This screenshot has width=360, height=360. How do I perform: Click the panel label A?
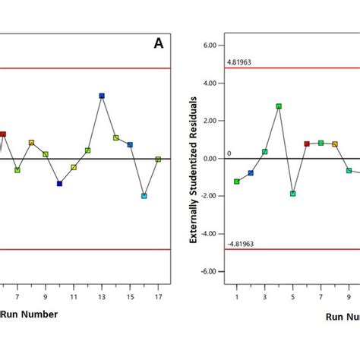tap(158, 44)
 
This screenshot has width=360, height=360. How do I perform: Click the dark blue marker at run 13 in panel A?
tap(102, 96)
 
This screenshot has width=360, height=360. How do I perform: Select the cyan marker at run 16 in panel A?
tap(144, 196)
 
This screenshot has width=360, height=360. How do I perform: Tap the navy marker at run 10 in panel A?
tap(59, 183)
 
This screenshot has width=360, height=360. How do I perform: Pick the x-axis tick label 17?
tap(158, 297)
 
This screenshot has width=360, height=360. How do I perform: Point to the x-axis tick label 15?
tap(130, 297)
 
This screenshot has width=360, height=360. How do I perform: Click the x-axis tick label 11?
tap(74, 297)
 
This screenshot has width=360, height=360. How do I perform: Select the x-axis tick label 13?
tap(102, 297)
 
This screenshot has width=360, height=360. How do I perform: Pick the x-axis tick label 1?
tap(237, 297)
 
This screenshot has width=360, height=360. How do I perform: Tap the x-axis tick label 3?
tap(264, 297)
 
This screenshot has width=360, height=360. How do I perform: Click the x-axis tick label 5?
tap(292, 297)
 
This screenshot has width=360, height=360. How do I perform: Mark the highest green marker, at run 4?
tap(279, 106)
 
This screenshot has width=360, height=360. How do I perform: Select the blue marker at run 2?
tap(251, 173)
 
